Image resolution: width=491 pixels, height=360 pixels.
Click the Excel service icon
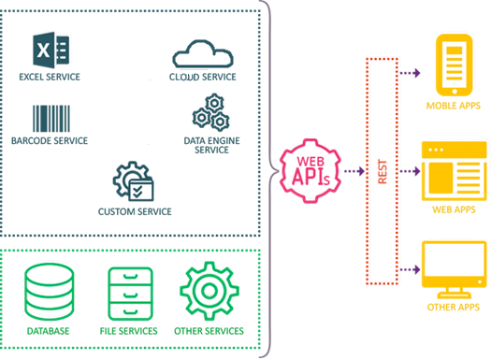[x=46, y=50]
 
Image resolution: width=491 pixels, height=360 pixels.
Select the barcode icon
[x=51, y=118]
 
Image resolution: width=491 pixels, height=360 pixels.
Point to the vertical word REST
[x=381, y=172]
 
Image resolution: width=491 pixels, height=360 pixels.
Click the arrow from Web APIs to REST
[x=353, y=172]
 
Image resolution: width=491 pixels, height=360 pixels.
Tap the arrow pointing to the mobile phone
[x=411, y=71]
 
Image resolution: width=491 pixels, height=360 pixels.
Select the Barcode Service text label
[x=51, y=141]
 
